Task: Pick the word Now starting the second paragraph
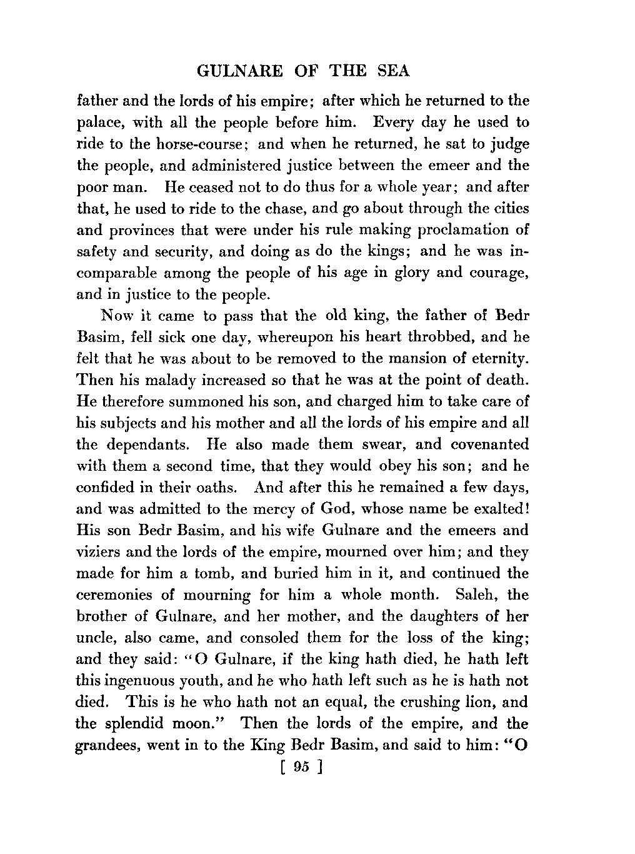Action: [x=116, y=315]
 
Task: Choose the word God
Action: [x=322, y=509]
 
